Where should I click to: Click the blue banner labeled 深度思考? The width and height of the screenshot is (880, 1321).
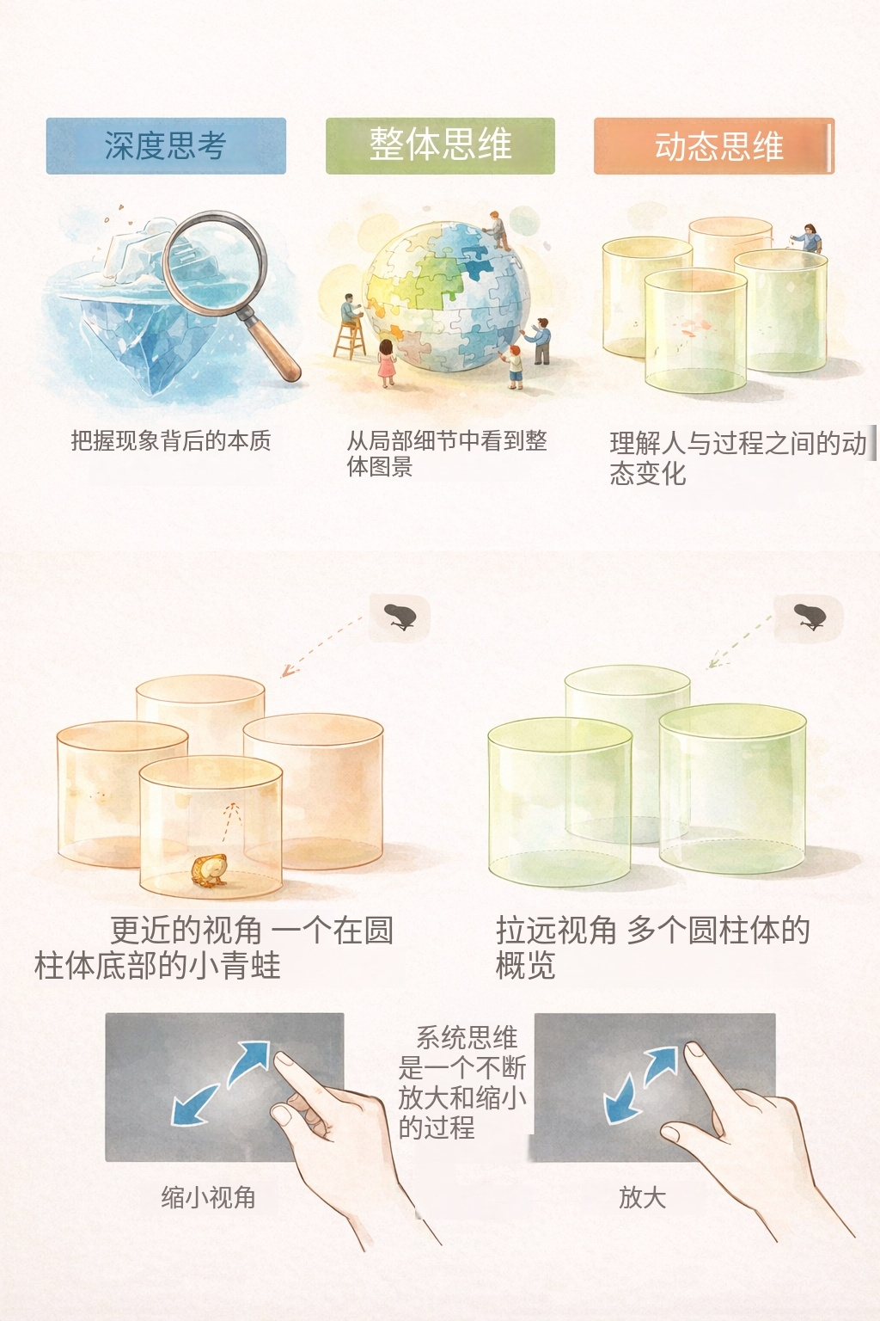click(166, 145)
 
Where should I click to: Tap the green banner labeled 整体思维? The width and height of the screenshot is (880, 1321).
click(440, 145)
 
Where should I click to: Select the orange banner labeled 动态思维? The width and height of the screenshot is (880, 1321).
click(714, 145)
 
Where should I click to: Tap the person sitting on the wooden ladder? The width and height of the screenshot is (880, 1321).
click(351, 310)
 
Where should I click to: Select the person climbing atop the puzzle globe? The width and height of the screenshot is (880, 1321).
click(498, 230)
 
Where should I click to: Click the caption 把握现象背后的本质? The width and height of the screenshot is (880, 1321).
click(171, 440)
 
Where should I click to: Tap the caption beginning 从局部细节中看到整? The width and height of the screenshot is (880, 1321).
click(447, 453)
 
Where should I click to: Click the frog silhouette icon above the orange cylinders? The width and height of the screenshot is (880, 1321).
click(400, 617)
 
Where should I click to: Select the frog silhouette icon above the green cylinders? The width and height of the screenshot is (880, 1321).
click(810, 617)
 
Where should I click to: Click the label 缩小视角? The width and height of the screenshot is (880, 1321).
click(208, 1198)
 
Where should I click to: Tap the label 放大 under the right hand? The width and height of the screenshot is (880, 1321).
click(643, 1198)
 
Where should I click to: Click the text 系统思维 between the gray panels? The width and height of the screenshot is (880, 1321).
click(467, 1038)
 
